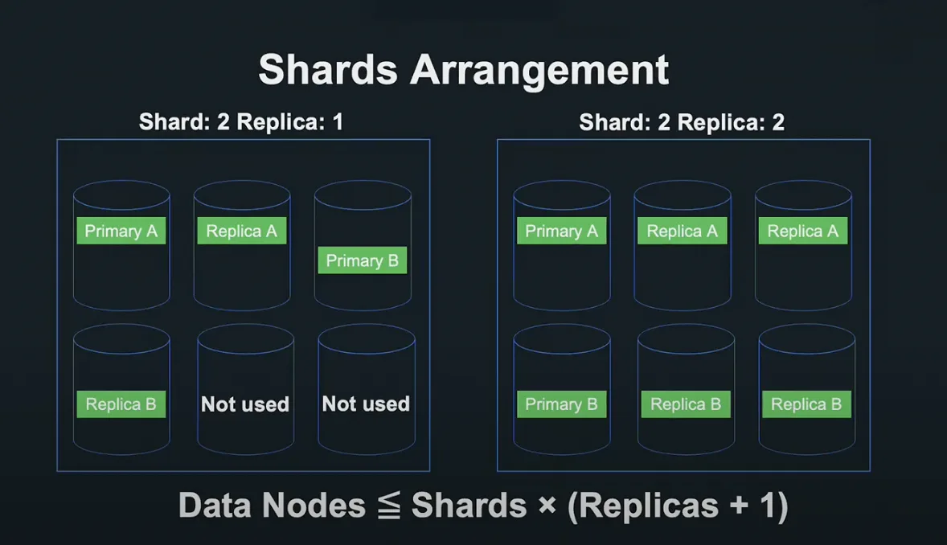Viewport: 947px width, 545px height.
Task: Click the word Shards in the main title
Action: (x=328, y=69)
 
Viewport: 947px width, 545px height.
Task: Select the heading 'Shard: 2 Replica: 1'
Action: (x=241, y=121)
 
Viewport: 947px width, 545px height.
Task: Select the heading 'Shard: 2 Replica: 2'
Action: (x=682, y=122)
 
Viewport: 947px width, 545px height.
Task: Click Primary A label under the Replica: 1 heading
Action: (x=121, y=231)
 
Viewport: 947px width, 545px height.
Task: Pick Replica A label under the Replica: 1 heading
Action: (x=242, y=231)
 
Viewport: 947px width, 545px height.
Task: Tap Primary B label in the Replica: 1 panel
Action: (x=363, y=260)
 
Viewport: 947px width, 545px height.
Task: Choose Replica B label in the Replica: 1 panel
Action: (x=121, y=404)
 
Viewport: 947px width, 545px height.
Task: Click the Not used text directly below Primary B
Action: (x=366, y=404)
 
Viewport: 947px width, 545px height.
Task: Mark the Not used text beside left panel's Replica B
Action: (x=245, y=404)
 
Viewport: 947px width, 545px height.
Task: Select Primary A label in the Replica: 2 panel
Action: (x=562, y=231)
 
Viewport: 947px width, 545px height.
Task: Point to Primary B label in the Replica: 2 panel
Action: (x=562, y=404)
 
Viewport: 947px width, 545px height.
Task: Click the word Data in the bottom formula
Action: (x=215, y=505)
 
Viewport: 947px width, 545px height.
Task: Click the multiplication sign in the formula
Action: (x=547, y=504)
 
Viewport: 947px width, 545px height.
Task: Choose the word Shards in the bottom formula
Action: (x=469, y=505)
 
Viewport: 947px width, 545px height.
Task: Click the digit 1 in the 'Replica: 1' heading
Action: (x=338, y=122)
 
